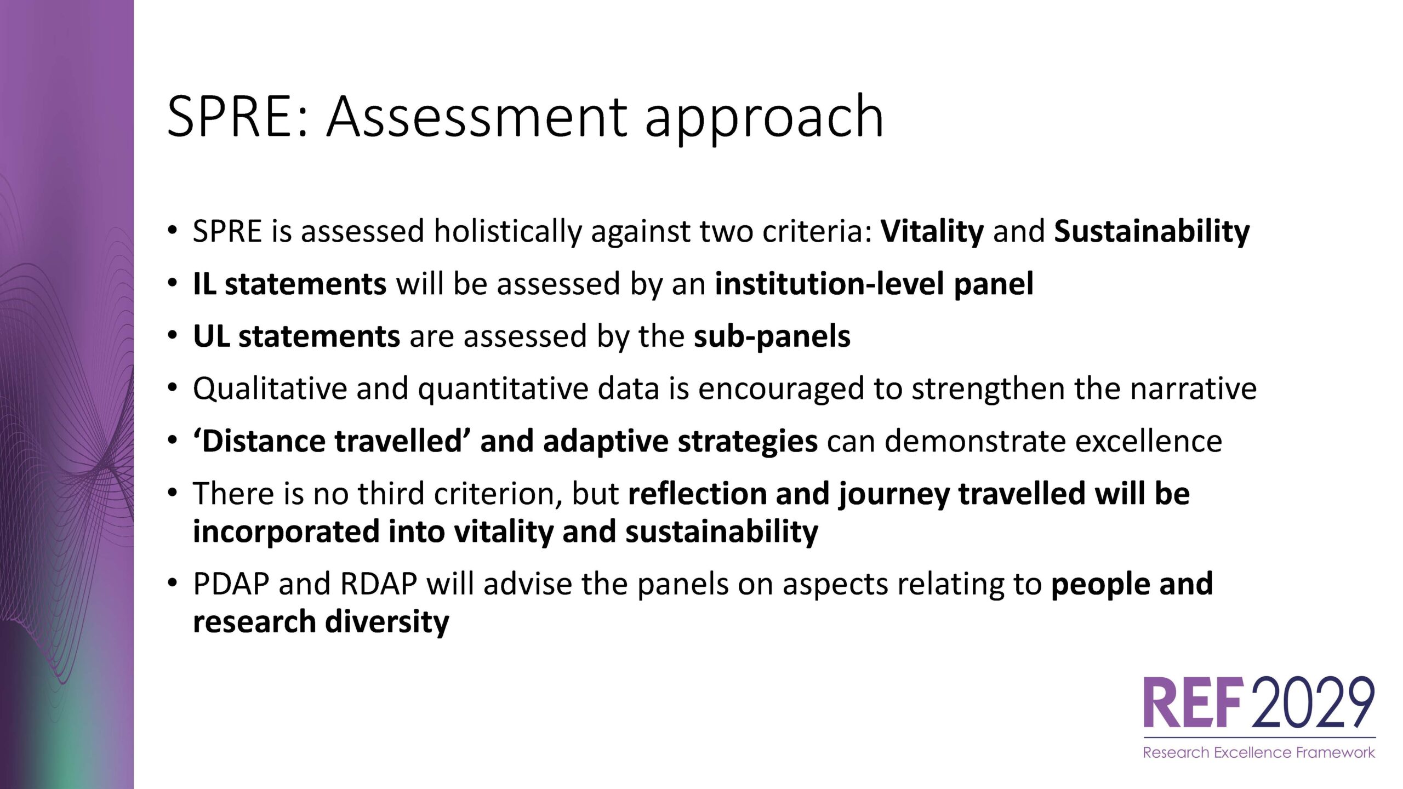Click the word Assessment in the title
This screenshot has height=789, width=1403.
coord(477,116)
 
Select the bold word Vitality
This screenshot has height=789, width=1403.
coord(932,231)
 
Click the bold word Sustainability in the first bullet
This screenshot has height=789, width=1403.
coord(1152,231)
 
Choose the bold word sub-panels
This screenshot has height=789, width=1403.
coord(772,336)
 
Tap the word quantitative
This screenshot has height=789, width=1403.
coord(503,388)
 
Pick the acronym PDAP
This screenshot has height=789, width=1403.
coord(231,584)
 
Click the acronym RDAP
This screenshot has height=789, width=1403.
coord(379,584)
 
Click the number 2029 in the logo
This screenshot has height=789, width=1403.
coord(1314,702)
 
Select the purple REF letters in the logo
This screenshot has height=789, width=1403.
coord(1192,703)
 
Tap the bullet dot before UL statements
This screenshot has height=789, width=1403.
coord(173,335)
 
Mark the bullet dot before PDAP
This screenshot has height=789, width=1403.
coord(173,582)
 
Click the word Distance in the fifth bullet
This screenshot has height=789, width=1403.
coord(262,441)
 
